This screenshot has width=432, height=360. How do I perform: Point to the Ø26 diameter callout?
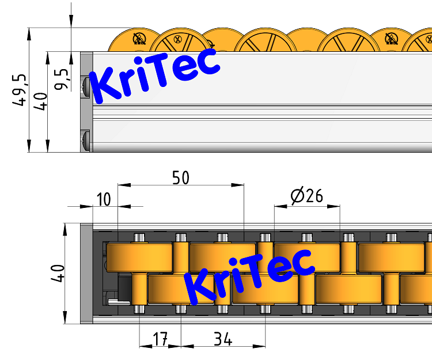point(306,196)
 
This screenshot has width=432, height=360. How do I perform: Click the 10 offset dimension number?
point(104,199)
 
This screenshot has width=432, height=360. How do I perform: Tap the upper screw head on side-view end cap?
point(86,86)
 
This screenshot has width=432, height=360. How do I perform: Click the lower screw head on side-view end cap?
point(86,140)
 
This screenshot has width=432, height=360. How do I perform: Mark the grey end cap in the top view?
point(86,273)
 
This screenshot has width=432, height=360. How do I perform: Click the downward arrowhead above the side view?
point(71,20)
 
